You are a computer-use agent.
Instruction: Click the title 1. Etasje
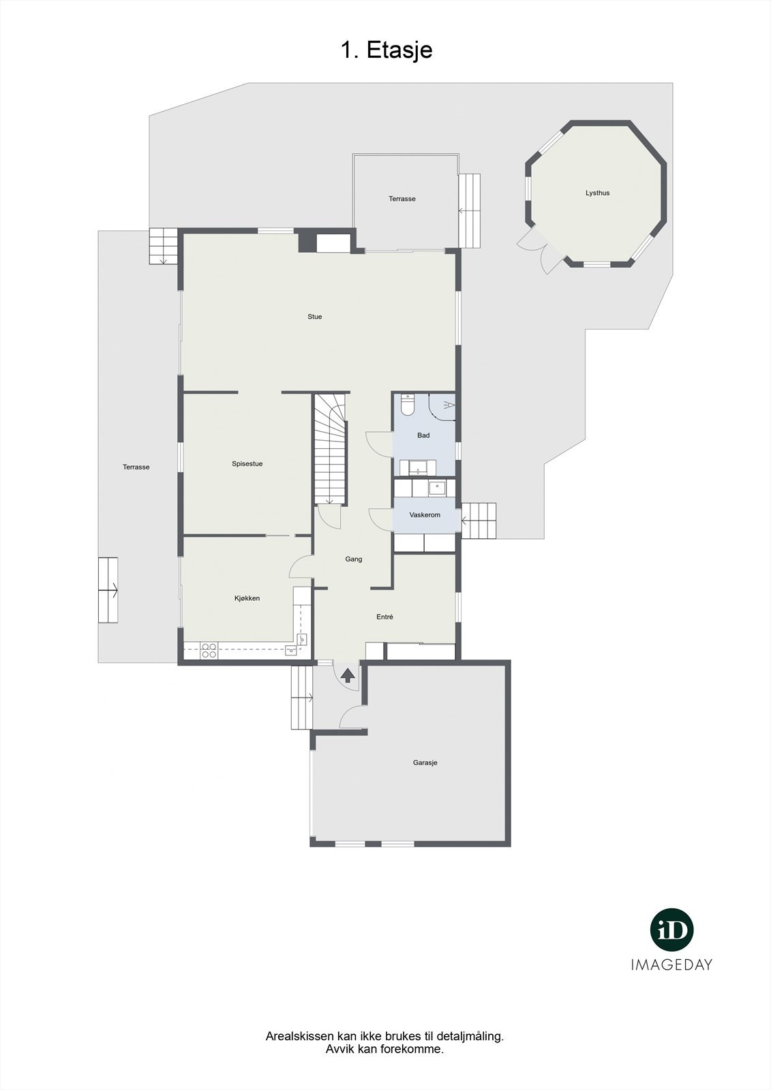tap(387, 50)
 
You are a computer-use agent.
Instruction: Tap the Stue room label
tap(314, 317)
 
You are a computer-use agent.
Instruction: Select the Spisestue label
tap(247, 464)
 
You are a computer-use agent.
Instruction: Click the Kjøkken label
tap(247, 598)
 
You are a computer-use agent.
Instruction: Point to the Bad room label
tap(423, 435)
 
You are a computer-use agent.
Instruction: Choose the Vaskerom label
tap(425, 515)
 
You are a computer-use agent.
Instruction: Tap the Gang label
tap(353, 559)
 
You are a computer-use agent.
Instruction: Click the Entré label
tap(384, 617)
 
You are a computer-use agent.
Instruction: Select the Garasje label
tap(425, 763)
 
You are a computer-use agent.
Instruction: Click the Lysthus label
tap(597, 193)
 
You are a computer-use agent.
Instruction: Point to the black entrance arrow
tap(348, 675)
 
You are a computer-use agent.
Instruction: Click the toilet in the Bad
tap(408, 405)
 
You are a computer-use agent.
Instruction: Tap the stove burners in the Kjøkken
tap(209, 651)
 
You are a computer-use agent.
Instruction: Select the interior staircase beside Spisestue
tap(331, 450)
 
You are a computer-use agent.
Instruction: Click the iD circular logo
tap(671, 930)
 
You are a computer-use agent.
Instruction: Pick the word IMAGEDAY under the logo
tap(671, 965)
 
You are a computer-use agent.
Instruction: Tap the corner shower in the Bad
tap(443, 407)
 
